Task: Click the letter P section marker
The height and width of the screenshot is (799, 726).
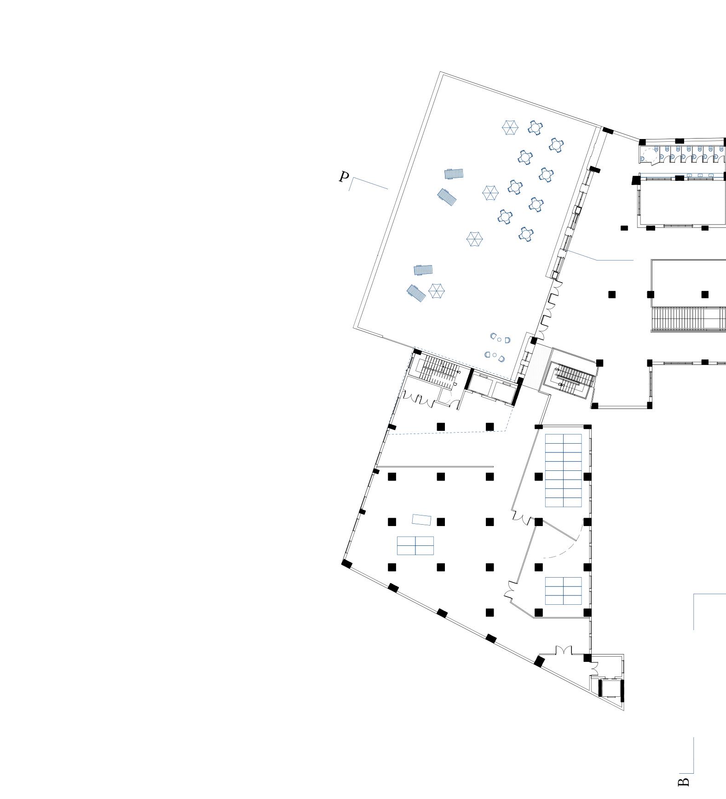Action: coord(344,177)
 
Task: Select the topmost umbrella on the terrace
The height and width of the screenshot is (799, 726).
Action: coord(510,127)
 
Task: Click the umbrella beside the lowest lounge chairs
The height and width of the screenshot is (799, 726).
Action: coord(436,291)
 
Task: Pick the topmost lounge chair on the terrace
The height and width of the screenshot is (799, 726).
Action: coord(454,174)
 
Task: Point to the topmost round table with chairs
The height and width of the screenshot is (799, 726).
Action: coord(535,127)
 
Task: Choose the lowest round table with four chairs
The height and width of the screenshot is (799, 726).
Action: coord(526,234)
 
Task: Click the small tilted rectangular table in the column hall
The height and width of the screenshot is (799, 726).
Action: coord(421,520)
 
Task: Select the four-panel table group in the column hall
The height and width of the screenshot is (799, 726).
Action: coord(415,545)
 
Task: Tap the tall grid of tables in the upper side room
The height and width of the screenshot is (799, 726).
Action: coord(563,470)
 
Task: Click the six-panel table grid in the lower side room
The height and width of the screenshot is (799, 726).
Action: coord(563,591)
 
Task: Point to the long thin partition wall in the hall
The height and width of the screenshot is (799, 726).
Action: coord(435,467)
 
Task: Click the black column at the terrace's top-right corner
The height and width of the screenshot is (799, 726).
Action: coord(608,131)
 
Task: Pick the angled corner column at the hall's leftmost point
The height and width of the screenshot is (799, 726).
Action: coord(347,564)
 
